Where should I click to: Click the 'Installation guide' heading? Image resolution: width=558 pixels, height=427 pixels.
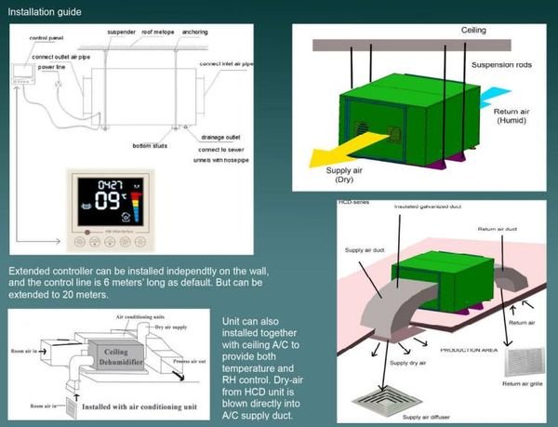(x=44, y=12)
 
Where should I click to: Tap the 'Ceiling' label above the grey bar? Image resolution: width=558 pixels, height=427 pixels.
(x=474, y=30)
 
